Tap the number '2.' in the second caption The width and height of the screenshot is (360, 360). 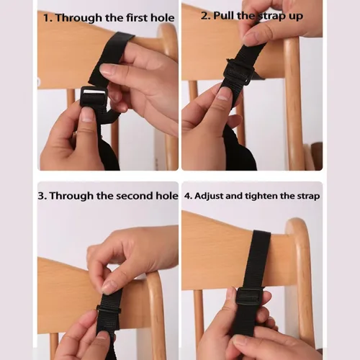click(204, 16)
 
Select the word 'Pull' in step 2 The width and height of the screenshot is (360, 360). click(225, 16)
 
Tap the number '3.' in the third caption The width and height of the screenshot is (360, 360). click(42, 195)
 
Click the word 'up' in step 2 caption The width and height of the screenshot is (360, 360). click(295, 16)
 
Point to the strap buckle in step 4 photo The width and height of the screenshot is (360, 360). click(249, 296)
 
